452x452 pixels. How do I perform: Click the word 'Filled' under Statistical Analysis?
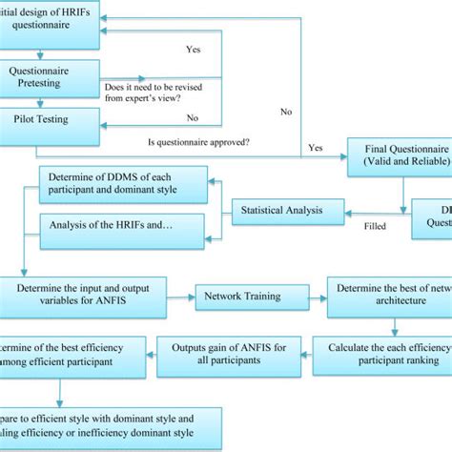[375, 227]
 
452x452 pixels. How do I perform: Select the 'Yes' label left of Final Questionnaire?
[316, 148]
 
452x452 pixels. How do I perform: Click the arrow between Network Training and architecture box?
[307, 296]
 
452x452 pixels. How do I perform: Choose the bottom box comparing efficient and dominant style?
[110, 426]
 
